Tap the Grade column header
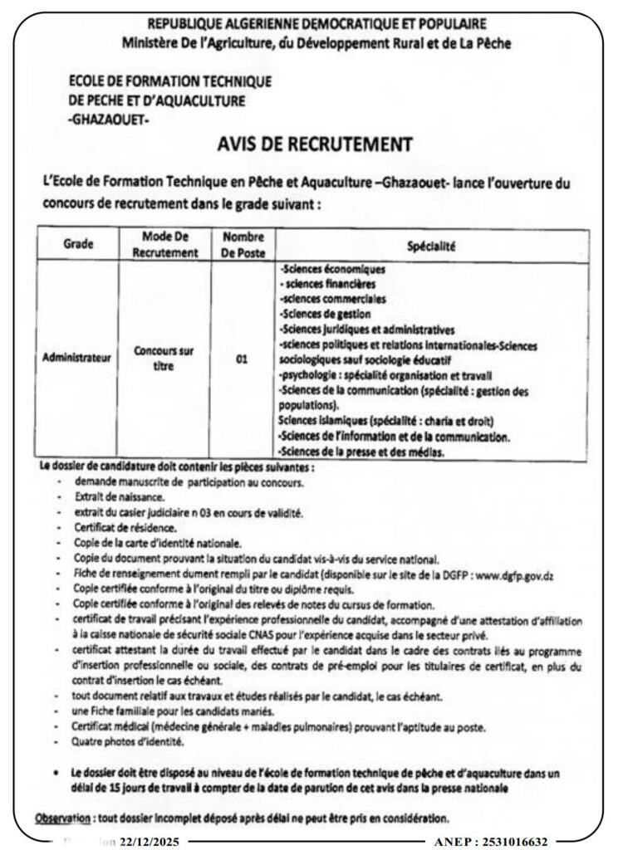click(78, 246)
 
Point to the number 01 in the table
click(242, 359)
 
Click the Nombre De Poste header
click(242, 246)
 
